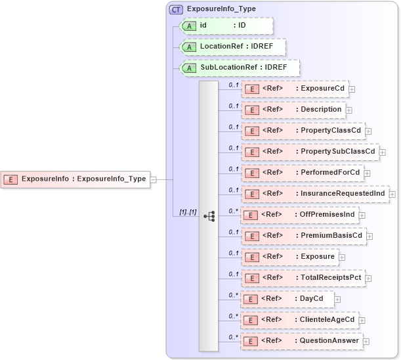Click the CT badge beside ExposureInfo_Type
coord(176,9)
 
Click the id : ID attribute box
coord(226,26)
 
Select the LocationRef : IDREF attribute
coord(233,47)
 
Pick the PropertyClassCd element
coord(303,131)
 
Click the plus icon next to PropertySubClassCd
coord(383,152)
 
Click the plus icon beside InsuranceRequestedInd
coord(392,194)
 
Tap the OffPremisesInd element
coord(299,215)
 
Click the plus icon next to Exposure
coord(342,257)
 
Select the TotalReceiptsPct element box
coord(303,278)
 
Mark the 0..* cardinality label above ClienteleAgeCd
coord(233,315)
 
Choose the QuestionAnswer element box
coord(301,341)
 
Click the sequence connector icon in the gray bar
coord(209,215)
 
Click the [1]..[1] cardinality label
coord(188,212)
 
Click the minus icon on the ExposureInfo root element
coord(153,179)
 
